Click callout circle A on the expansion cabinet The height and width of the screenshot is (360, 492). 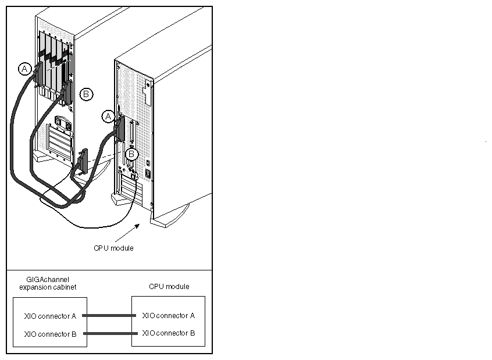(x=24, y=69)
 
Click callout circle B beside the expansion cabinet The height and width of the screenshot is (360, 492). (x=85, y=93)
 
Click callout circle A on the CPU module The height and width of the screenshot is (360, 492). (x=107, y=116)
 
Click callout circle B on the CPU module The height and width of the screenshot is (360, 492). (x=132, y=154)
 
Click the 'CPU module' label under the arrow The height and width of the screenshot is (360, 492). (x=113, y=248)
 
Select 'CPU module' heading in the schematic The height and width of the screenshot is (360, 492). (x=169, y=286)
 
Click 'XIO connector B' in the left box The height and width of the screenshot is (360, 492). (x=50, y=334)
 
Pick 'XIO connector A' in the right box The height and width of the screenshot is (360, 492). (x=168, y=315)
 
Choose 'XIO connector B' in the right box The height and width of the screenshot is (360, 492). (x=168, y=333)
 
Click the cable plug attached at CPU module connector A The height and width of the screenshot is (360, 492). (x=121, y=129)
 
